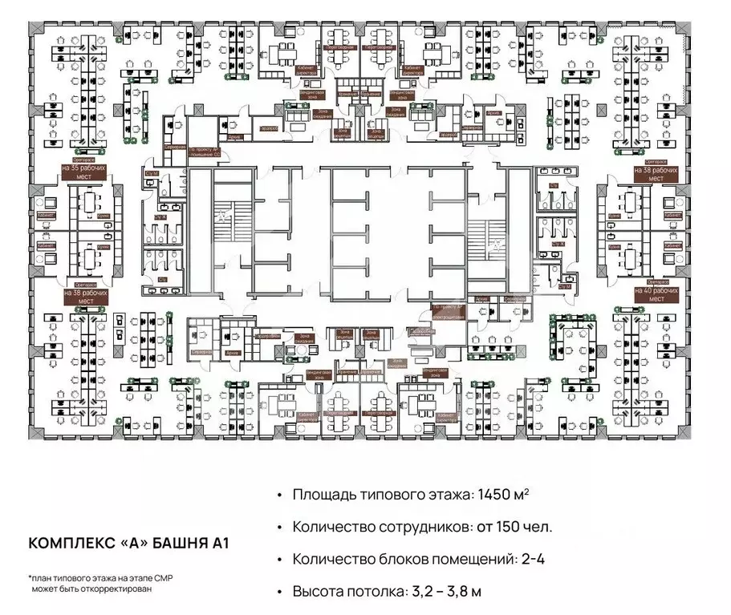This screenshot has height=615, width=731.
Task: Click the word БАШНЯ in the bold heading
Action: (176, 543)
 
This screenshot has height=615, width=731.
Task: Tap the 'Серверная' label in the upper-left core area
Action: (176, 149)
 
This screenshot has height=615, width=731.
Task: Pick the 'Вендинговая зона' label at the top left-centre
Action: (290, 95)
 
